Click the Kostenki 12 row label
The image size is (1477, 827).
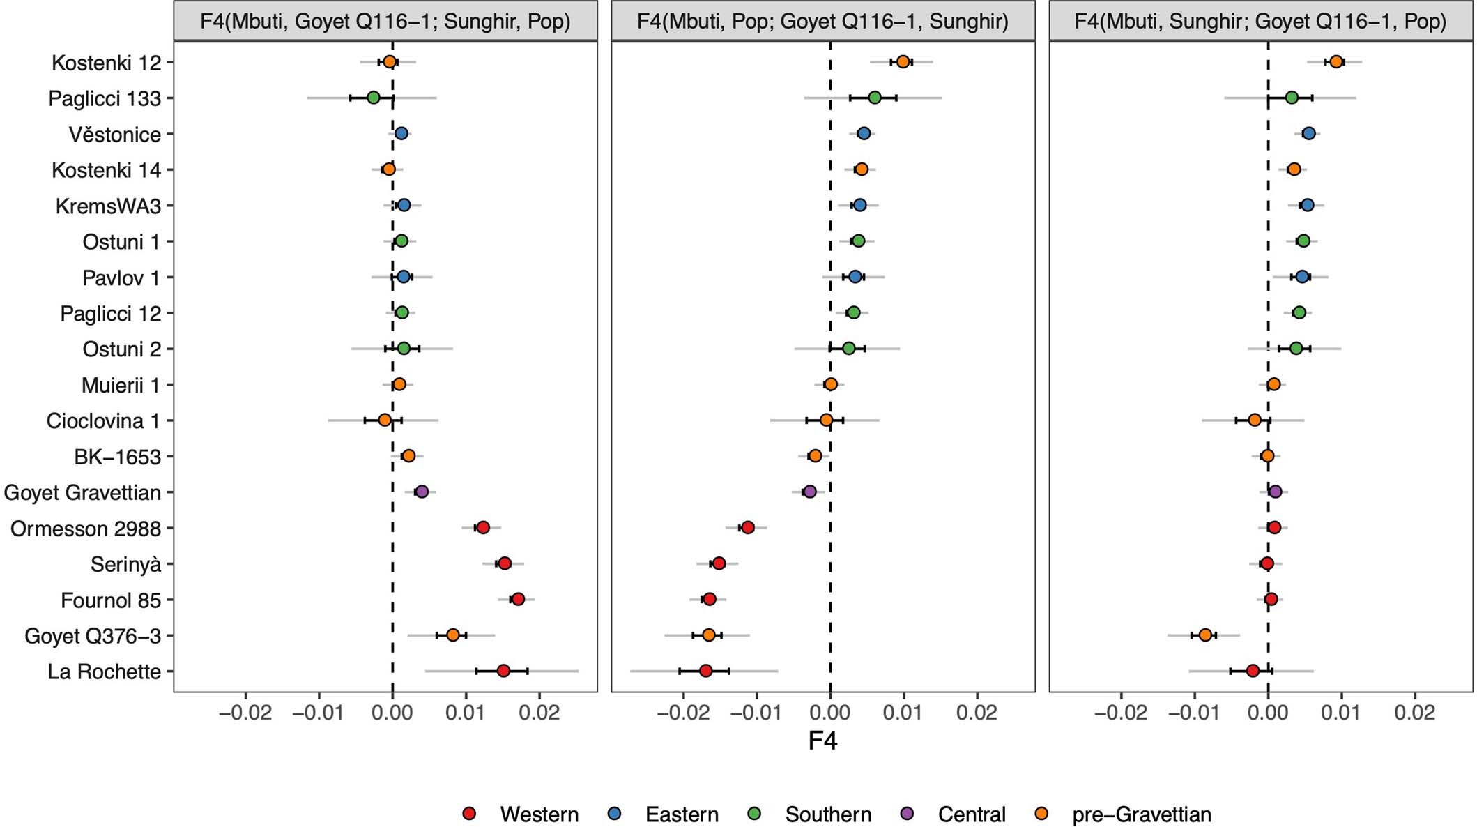(106, 63)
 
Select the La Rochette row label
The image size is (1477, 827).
(104, 672)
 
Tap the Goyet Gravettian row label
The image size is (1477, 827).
(82, 492)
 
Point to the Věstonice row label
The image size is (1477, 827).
(114, 135)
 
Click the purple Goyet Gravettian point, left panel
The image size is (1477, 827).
(422, 492)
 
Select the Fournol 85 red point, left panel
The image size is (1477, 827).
(517, 599)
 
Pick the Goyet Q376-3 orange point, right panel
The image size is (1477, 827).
(1205, 635)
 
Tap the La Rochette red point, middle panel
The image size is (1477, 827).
(705, 671)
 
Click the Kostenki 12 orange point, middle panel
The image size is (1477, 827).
(903, 61)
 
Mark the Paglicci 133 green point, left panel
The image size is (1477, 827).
(374, 98)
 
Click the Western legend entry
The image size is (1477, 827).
(538, 814)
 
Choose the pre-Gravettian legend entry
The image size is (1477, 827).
(1141, 814)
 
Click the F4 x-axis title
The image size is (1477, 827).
(822, 741)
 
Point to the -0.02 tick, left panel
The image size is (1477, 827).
(245, 712)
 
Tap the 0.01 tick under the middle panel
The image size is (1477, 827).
(903, 712)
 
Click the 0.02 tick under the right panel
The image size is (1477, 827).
(1414, 712)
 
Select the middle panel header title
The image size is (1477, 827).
(822, 21)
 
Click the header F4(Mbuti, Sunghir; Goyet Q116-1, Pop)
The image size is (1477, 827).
(1260, 21)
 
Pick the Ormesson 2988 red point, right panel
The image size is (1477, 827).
(1274, 527)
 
